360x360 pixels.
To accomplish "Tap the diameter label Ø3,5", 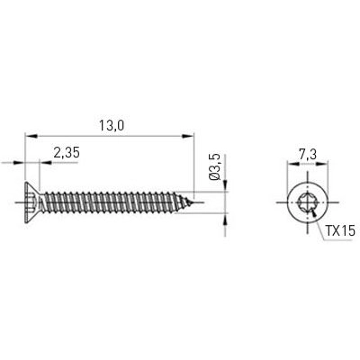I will tap(213, 170).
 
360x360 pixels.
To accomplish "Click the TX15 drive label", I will tap(337, 230).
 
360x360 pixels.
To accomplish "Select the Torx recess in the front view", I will tap(307, 202).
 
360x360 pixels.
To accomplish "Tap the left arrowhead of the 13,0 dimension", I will tap(27, 137).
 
